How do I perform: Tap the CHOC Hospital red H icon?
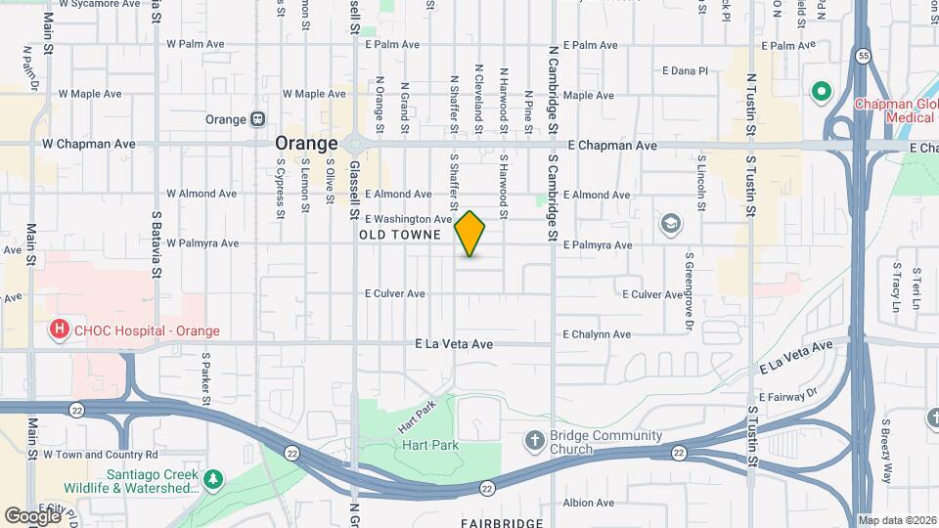pos(60,330)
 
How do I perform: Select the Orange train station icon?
pos(257,119)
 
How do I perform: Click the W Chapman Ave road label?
pos(88,144)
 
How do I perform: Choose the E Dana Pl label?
pos(685,70)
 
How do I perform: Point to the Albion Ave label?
pos(588,503)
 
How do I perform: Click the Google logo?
pos(31,515)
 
